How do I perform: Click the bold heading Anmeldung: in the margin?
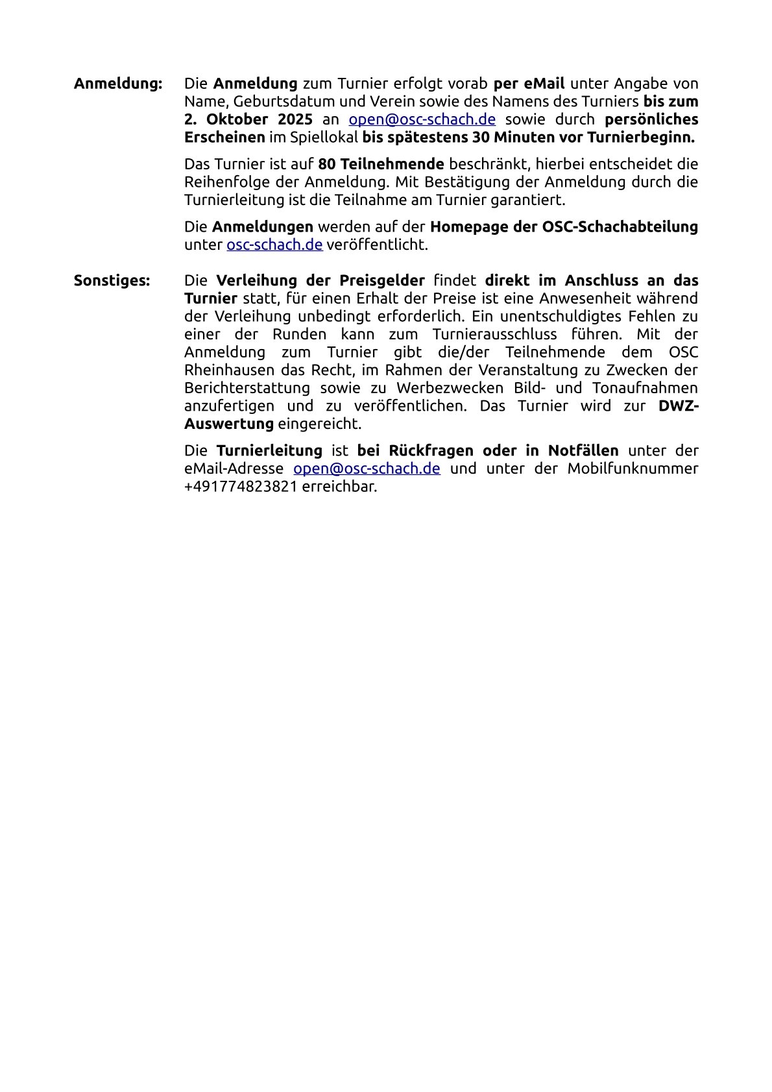[x=117, y=84]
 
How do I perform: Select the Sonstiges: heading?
[x=112, y=280]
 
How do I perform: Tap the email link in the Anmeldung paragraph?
[x=422, y=119]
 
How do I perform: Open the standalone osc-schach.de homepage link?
[x=274, y=245]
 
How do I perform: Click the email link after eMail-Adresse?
[x=367, y=468]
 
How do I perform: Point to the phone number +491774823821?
[x=241, y=486]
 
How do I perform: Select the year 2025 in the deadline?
[x=295, y=119]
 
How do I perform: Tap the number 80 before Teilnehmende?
[x=326, y=164]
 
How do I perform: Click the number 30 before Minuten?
[x=482, y=138]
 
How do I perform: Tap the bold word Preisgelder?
[x=382, y=280]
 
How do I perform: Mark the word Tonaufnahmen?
[x=645, y=388]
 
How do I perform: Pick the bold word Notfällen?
[x=583, y=450]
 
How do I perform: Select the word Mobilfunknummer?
[x=633, y=468]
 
